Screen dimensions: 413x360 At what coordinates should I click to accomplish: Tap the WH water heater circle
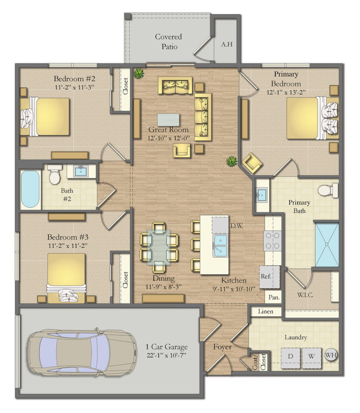coord(331,355)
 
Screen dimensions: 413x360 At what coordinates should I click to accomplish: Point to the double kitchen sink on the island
coord(221,245)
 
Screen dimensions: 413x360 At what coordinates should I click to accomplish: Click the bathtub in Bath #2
coord(30,189)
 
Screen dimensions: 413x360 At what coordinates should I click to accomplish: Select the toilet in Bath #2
coord(54,174)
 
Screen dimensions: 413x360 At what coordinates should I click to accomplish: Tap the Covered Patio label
coord(169,42)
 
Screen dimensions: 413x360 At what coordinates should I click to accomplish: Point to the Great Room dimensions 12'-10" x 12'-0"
coord(169,138)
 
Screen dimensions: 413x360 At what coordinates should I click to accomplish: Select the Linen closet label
coord(266,312)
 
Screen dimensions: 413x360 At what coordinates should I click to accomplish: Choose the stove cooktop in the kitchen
coord(273,241)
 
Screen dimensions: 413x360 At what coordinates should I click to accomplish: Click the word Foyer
coord(222,347)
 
